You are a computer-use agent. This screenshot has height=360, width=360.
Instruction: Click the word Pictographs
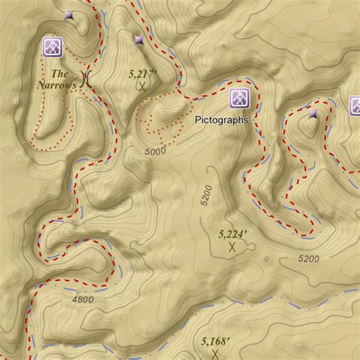click(222, 119)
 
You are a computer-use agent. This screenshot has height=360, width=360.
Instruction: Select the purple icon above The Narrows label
click(52, 46)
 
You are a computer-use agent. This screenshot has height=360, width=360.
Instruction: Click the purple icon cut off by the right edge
click(355, 106)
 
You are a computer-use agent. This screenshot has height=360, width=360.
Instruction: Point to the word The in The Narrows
click(59, 74)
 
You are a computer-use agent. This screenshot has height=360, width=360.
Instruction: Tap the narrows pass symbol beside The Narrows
click(86, 79)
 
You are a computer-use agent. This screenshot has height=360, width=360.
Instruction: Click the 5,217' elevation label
click(142, 74)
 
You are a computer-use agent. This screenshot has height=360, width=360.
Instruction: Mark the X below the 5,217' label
click(142, 88)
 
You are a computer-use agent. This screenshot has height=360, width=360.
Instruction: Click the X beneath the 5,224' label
click(232, 246)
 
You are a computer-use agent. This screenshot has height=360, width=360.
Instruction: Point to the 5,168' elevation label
click(216, 342)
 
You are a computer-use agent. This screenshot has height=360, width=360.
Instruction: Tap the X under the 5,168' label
click(216, 354)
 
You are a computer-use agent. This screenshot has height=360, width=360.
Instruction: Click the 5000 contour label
click(154, 152)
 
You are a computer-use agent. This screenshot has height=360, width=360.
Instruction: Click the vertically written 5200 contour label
click(205, 196)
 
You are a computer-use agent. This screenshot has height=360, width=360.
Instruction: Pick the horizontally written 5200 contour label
click(309, 259)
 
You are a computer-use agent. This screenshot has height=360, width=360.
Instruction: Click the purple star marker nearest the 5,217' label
click(138, 40)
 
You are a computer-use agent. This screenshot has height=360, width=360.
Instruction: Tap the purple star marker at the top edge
click(69, 14)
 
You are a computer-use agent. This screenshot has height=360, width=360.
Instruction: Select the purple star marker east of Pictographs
click(313, 114)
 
